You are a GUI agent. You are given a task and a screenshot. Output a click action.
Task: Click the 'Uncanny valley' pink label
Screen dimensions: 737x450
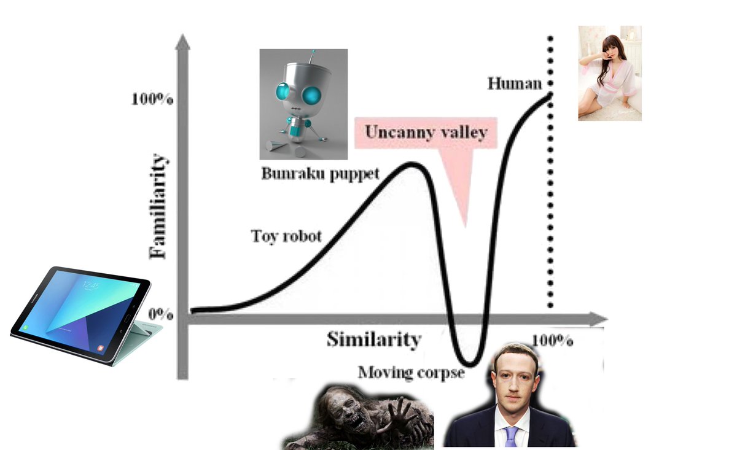pyautogui.click(x=426, y=133)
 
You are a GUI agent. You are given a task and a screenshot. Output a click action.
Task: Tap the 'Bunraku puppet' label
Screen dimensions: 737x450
pyautogui.click(x=320, y=173)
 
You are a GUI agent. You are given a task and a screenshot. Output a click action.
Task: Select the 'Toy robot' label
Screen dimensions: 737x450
pyautogui.click(x=286, y=236)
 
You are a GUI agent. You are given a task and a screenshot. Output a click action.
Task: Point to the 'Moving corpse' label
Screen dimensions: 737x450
pyautogui.click(x=411, y=372)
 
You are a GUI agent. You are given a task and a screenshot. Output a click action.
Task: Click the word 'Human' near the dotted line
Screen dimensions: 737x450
pyautogui.click(x=515, y=83)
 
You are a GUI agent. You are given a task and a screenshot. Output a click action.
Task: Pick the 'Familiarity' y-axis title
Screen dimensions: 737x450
pyautogui.click(x=158, y=207)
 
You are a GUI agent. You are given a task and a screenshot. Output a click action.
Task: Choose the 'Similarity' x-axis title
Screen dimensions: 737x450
pyautogui.click(x=373, y=339)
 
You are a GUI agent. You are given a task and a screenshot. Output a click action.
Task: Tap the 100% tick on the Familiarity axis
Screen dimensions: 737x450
pyautogui.click(x=152, y=99)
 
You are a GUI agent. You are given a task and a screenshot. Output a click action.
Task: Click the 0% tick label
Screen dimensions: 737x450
pyautogui.click(x=160, y=314)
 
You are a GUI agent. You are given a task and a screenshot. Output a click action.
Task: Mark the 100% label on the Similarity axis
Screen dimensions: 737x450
pyautogui.click(x=552, y=340)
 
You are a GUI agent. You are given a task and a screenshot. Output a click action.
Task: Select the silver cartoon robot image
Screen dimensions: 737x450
pyautogui.click(x=303, y=104)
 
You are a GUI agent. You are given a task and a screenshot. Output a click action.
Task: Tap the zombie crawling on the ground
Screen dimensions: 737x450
pyautogui.click(x=359, y=417)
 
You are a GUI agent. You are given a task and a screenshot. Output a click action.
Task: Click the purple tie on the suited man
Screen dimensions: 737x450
pyautogui.click(x=512, y=436)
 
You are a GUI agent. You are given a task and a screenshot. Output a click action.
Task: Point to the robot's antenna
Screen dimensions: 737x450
pyautogui.click(x=314, y=56)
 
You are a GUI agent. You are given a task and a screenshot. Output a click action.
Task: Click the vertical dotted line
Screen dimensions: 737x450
pyautogui.click(x=550, y=184)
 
